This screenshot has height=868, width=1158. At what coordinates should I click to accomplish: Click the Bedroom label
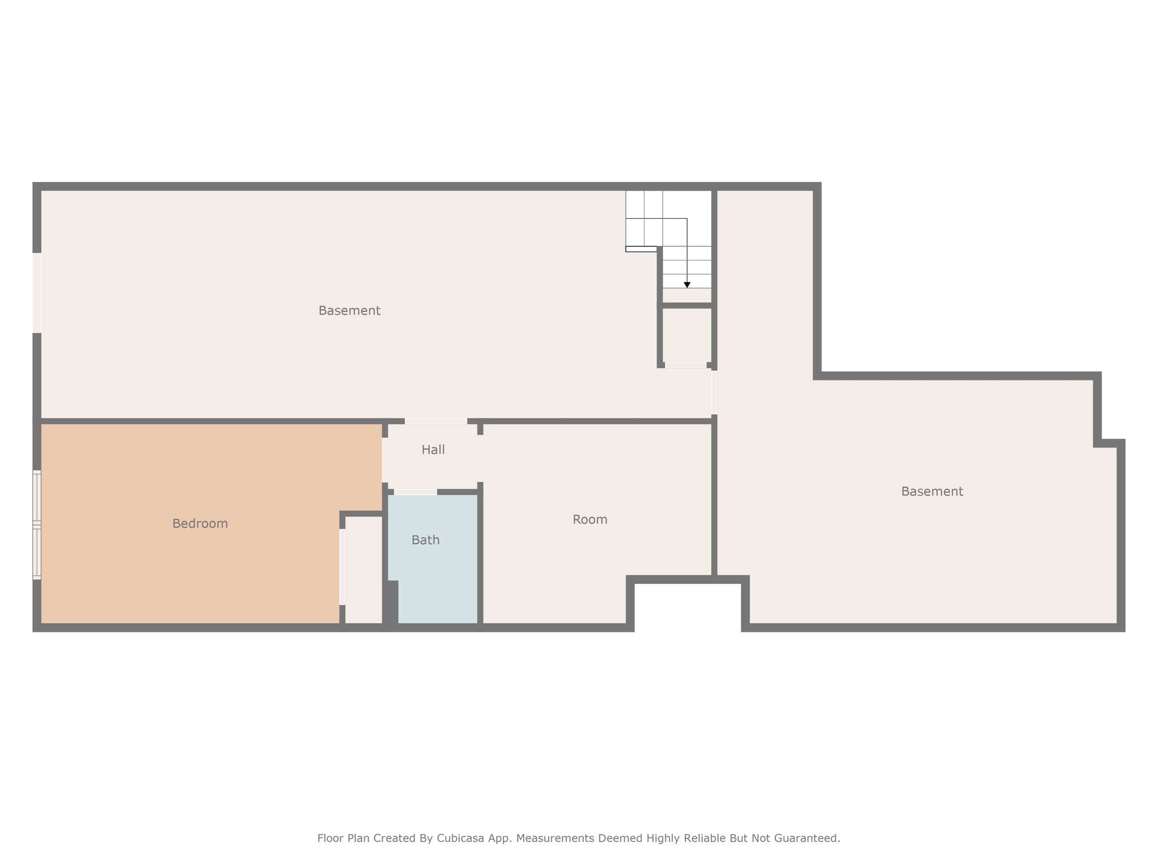point(200,524)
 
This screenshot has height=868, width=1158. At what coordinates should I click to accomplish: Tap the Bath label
point(425,540)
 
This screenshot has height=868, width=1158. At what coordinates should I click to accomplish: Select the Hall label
point(433,450)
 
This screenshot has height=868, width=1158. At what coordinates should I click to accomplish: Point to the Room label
point(590,519)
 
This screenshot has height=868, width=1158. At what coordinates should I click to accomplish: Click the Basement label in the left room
point(349,310)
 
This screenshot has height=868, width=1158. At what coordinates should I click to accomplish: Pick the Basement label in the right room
point(932,492)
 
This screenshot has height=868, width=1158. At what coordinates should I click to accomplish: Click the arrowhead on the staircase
point(687,285)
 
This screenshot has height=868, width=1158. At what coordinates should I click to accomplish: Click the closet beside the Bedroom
point(364,570)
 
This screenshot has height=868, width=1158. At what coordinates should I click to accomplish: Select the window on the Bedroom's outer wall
point(37,525)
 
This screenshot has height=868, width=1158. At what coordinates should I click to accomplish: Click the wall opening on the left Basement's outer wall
point(37,293)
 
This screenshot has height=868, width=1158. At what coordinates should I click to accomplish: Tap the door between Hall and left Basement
point(436,421)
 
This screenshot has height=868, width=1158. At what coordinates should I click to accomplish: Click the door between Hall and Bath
point(416,492)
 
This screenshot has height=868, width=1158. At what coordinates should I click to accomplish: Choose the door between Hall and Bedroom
point(385,460)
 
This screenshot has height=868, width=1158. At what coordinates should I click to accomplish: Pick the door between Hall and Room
point(480,458)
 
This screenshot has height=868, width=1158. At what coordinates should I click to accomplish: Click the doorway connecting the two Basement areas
point(714,392)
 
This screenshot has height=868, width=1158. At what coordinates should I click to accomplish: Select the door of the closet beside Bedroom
point(343,567)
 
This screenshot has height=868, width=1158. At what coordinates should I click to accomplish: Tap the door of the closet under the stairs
point(686,366)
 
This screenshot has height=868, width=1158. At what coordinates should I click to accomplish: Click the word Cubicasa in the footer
point(460,838)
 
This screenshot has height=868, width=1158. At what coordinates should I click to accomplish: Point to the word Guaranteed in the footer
point(810,838)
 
